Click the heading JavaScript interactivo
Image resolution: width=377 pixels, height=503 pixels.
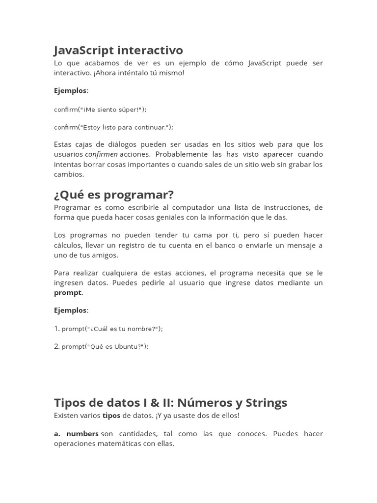tap(118, 50)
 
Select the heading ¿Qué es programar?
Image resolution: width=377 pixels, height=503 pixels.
tap(114, 195)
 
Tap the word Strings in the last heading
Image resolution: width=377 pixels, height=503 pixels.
tap(266, 403)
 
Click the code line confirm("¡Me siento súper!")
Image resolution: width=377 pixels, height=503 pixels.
tap(100, 109)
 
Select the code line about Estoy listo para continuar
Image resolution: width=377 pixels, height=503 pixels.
tap(113, 127)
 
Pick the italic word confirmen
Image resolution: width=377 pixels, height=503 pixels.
tap(101, 154)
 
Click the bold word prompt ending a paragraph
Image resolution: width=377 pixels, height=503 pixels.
tap(68, 293)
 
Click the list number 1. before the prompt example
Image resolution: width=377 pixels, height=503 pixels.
tap(57, 328)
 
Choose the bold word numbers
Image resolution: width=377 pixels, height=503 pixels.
tap(82, 434)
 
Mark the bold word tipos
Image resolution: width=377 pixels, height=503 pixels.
tap(111, 416)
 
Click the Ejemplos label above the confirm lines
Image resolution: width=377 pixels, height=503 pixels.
tap(70, 91)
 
